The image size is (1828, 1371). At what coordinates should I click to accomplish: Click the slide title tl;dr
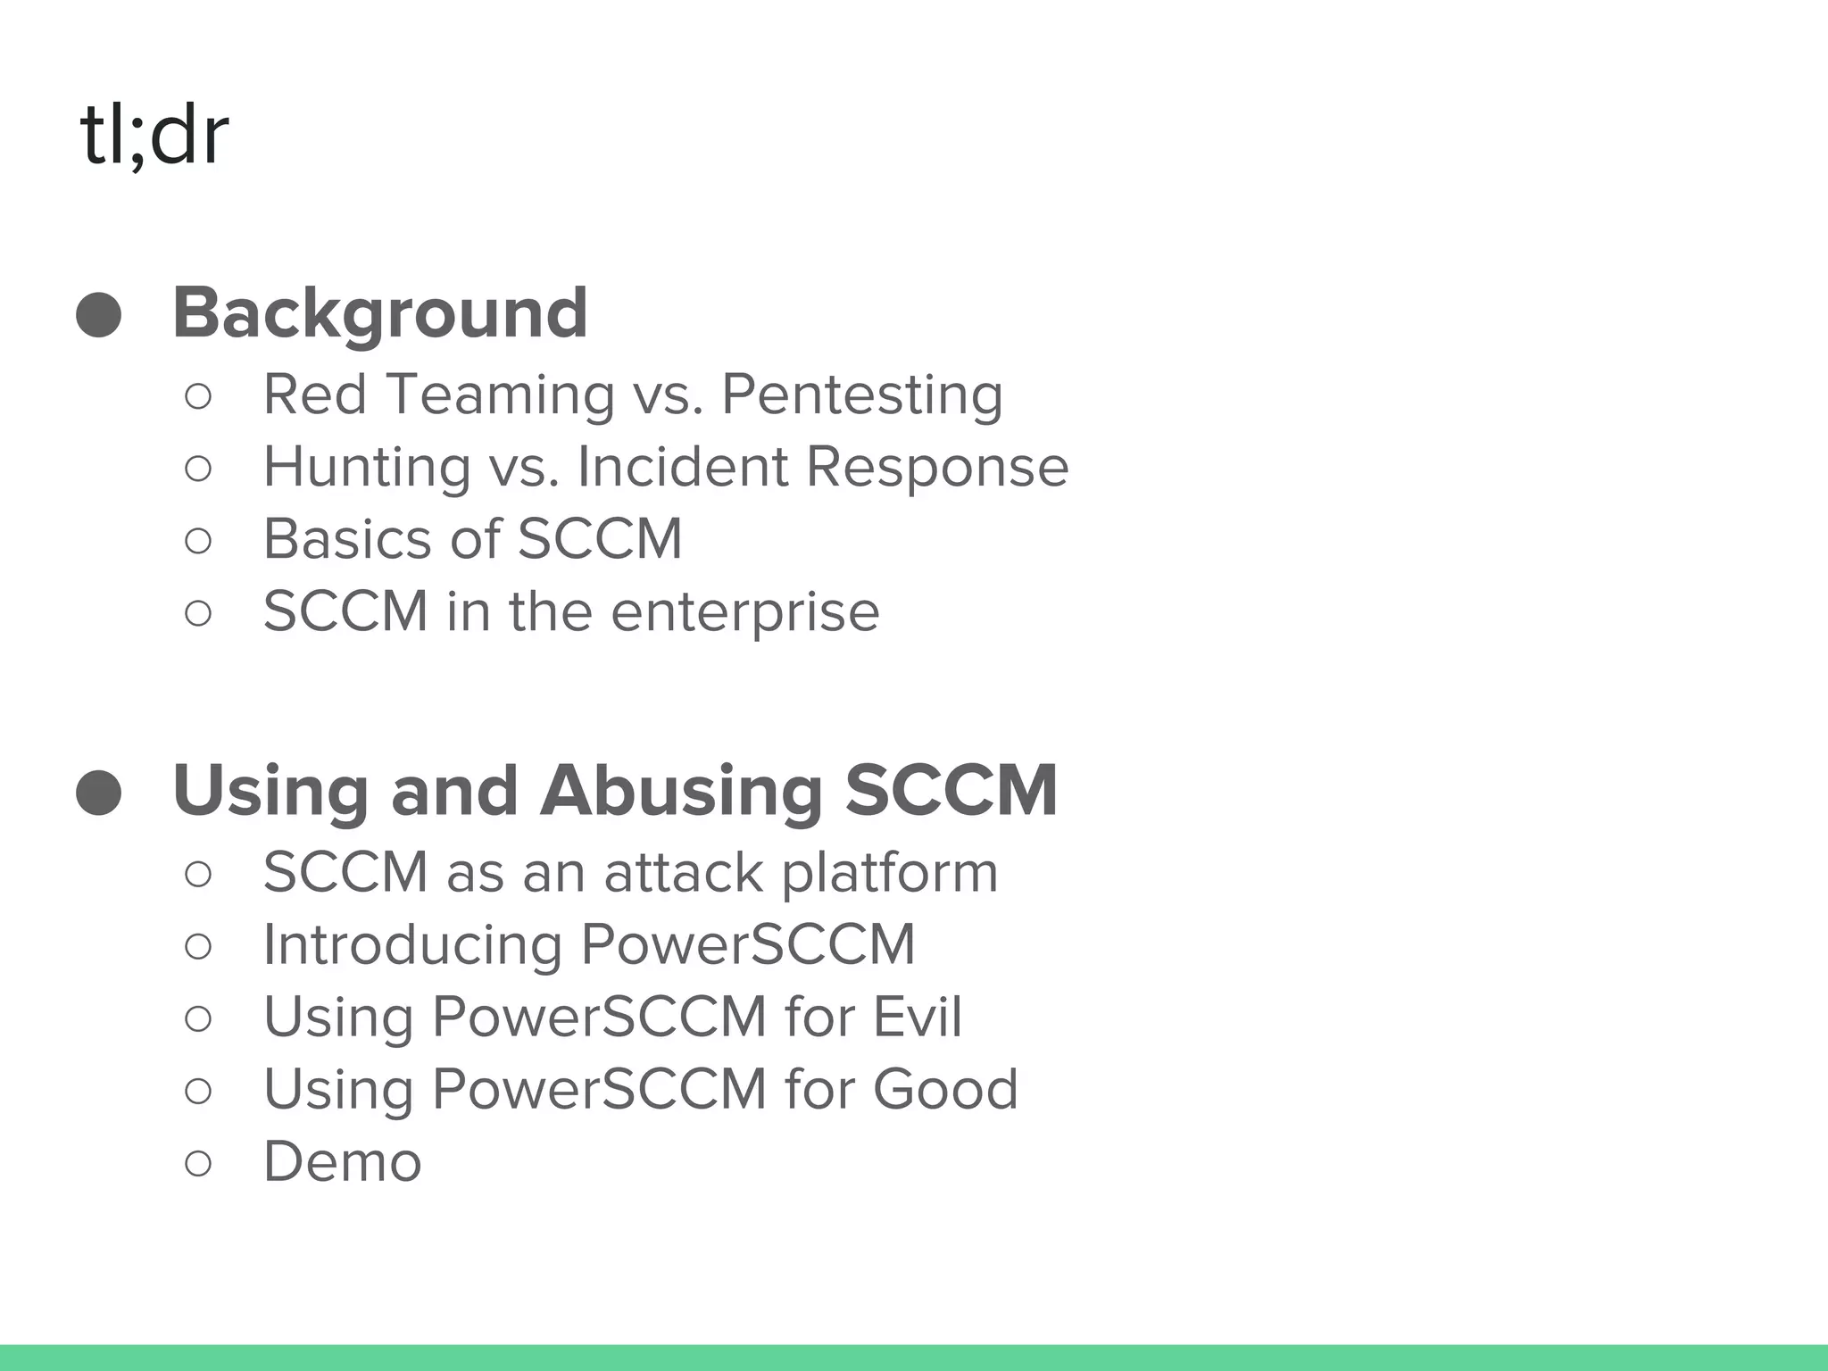154,136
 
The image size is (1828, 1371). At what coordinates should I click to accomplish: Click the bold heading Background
379,313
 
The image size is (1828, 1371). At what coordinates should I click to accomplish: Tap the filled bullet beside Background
98,314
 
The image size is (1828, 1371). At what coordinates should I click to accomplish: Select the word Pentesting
861,395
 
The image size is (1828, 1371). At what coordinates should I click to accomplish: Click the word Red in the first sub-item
314,395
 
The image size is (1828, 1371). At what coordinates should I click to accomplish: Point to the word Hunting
366,468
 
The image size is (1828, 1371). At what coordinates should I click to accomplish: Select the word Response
936,468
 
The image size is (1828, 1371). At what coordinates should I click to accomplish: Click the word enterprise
746,612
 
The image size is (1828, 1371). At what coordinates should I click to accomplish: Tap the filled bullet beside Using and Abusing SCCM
98,793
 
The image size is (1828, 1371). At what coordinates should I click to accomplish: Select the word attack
683,872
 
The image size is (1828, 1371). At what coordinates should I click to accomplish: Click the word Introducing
412,945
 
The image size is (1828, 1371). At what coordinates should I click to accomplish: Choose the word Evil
917,1017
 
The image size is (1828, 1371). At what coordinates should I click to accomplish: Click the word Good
944,1089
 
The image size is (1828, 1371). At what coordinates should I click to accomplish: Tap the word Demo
342,1162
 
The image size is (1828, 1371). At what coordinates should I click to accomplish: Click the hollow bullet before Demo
198,1163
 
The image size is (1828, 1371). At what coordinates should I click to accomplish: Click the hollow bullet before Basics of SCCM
198,541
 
